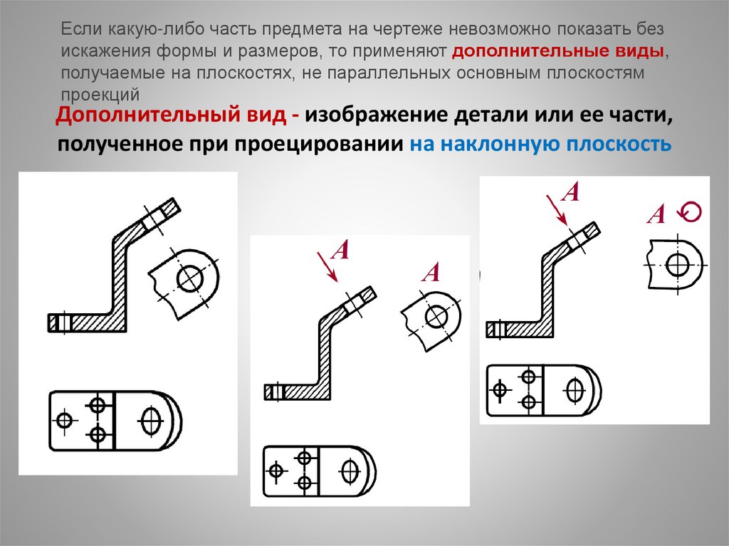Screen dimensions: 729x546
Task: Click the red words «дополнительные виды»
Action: click(x=558, y=51)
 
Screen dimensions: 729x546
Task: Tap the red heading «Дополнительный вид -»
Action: click(x=177, y=115)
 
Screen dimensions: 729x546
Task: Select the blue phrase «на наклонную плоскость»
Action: click(x=541, y=145)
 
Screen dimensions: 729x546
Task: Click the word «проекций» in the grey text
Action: click(x=100, y=95)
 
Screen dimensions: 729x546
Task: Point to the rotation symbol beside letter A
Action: click(x=689, y=212)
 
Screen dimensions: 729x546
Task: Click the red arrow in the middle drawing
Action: click(x=327, y=266)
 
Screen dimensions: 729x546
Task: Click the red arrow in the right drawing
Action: click(x=557, y=210)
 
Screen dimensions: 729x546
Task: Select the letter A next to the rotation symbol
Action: click(x=656, y=214)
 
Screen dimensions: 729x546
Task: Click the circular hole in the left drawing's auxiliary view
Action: click(x=190, y=278)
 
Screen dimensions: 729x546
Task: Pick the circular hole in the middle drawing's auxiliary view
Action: click(x=436, y=317)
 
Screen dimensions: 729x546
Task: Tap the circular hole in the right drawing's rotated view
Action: click(x=678, y=265)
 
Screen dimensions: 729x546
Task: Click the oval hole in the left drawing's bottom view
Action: click(x=151, y=421)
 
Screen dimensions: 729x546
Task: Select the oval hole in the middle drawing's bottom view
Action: click(x=350, y=471)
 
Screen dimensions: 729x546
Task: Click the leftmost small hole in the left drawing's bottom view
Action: click(x=65, y=421)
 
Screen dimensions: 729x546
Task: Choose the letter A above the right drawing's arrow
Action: click(x=570, y=191)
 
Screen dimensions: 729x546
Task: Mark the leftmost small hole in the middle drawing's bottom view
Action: click(x=276, y=471)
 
